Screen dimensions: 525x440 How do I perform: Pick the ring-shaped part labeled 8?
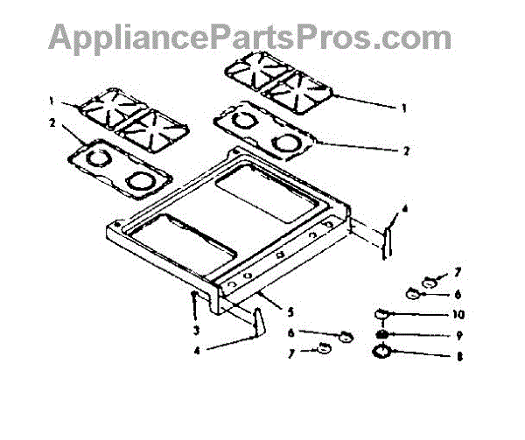[382, 353]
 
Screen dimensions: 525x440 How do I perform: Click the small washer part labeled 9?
[381, 334]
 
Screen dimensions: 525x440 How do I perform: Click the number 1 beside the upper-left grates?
[52, 99]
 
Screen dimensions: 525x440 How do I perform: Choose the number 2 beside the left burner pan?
[52, 123]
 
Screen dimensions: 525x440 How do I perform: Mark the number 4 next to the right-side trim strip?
[405, 210]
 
